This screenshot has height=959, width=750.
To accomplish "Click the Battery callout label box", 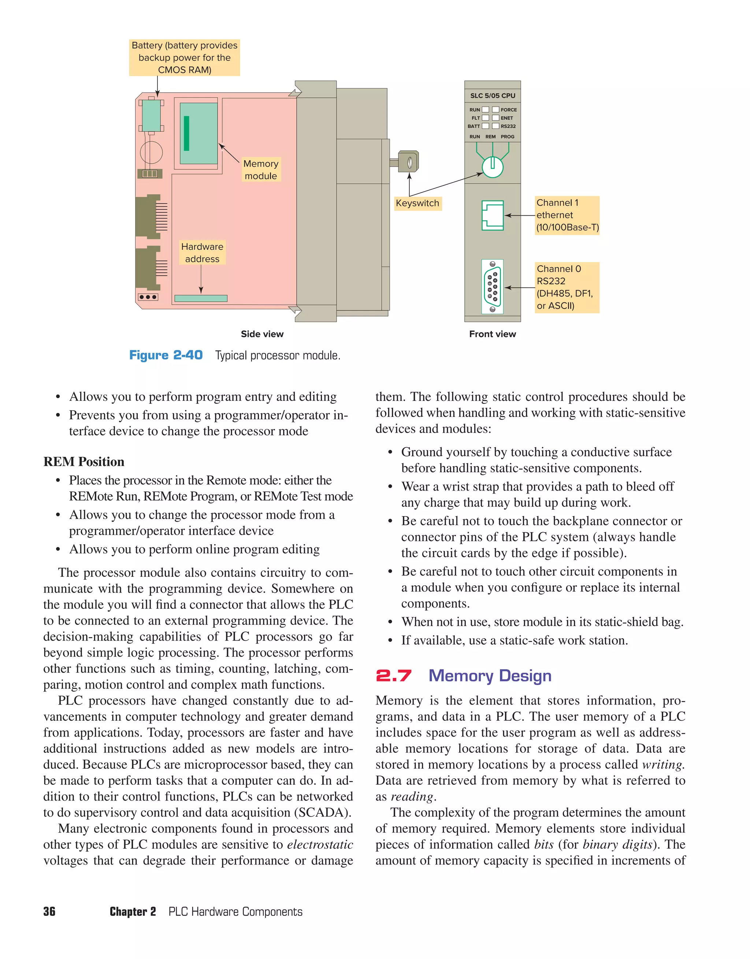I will (185, 57).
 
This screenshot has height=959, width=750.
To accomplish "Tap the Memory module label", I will (261, 169).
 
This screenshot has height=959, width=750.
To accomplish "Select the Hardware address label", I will (202, 253).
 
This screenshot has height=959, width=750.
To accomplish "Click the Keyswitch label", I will (417, 203).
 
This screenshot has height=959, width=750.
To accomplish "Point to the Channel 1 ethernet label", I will (567, 215).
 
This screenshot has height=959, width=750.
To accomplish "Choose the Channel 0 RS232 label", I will (567, 287).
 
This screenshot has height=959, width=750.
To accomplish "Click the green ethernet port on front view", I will (493, 216).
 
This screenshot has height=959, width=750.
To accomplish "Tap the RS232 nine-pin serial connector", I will (493, 286).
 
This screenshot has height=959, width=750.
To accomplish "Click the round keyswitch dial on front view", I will (493, 167).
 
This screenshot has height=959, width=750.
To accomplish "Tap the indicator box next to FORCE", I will (495, 110).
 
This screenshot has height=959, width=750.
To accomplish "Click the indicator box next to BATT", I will (486, 126).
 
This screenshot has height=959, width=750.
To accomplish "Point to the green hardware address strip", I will (201, 299).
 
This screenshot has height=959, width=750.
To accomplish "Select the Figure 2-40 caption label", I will (166, 355).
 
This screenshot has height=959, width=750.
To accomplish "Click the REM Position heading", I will (84, 462).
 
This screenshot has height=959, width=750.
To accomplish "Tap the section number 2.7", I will (394, 675).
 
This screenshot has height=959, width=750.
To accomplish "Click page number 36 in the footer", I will (49, 911).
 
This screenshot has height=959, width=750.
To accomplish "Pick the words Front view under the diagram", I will (493, 334).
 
